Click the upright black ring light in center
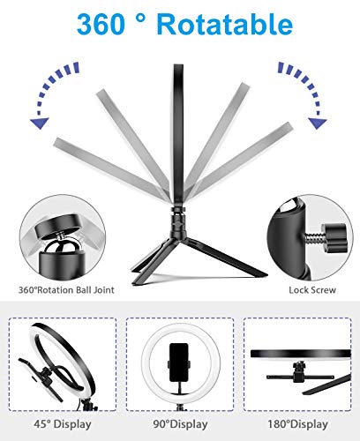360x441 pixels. pyautogui.click(x=180, y=115)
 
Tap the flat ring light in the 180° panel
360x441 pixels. pyautogui.click(x=300, y=355)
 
